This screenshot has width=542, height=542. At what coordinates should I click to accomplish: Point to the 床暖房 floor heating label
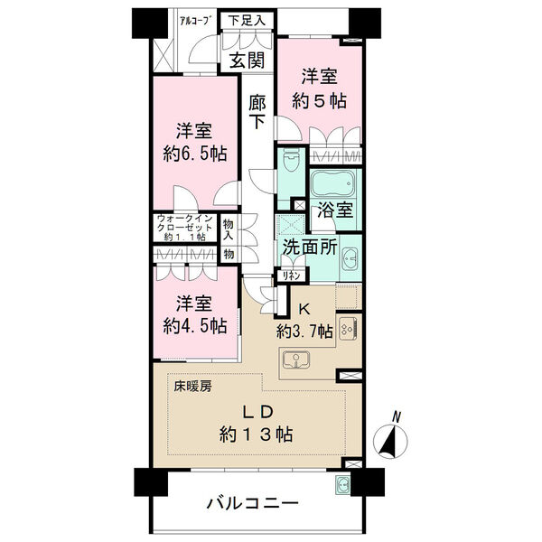point(192,387)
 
